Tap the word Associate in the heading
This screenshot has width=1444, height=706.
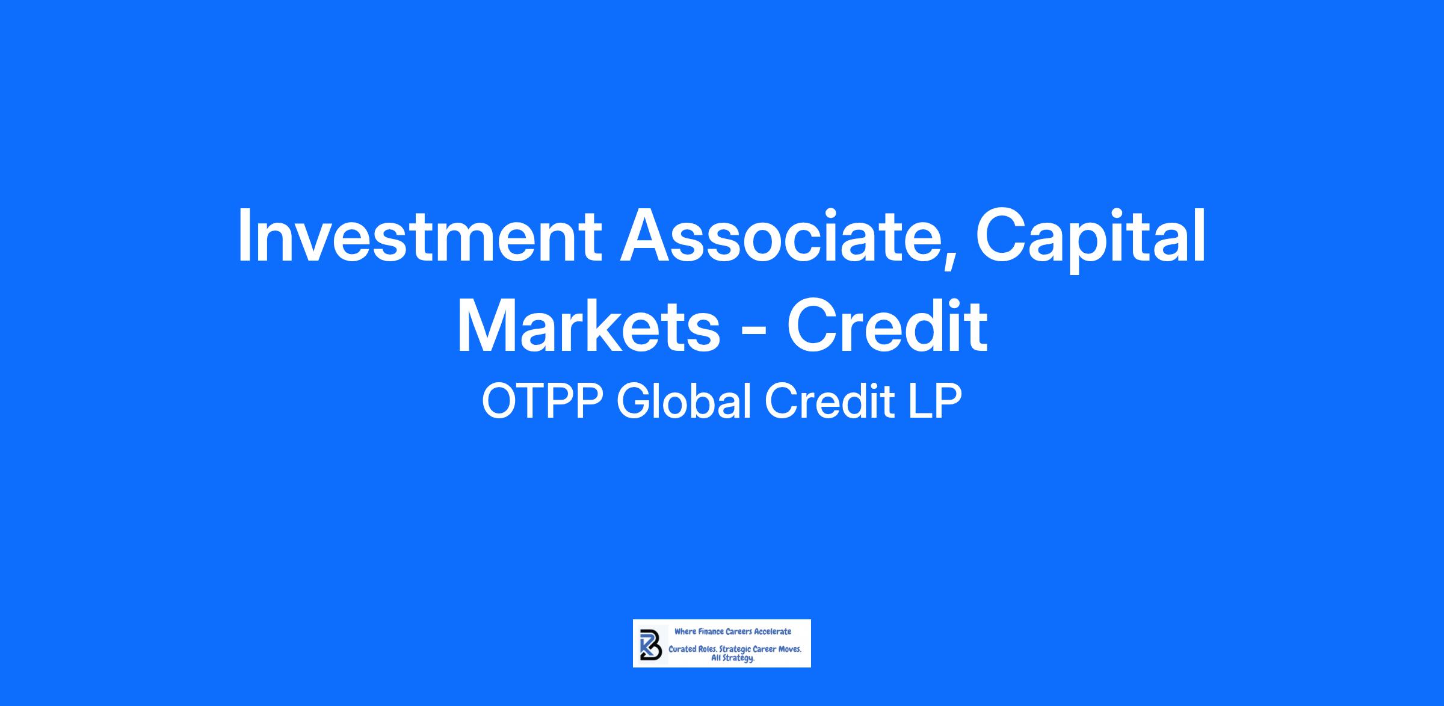pyautogui.click(x=781, y=235)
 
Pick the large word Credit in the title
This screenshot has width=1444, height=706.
pyautogui.click(x=887, y=326)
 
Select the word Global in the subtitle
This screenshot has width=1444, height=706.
pyautogui.click(x=683, y=401)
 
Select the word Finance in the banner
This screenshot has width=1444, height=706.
pyautogui.click(x=710, y=631)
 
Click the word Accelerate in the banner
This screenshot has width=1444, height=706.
pyautogui.click(x=773, y=631)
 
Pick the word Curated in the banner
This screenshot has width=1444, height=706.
pyautogui.click(x=683, y=650)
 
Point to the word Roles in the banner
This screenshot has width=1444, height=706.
pyautogui.click(x=709, y=650)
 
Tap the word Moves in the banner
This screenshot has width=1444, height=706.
pyautogui.click(x=790, y=650)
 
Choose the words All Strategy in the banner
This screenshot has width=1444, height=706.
pyautogui.click(x=733, y=658)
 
